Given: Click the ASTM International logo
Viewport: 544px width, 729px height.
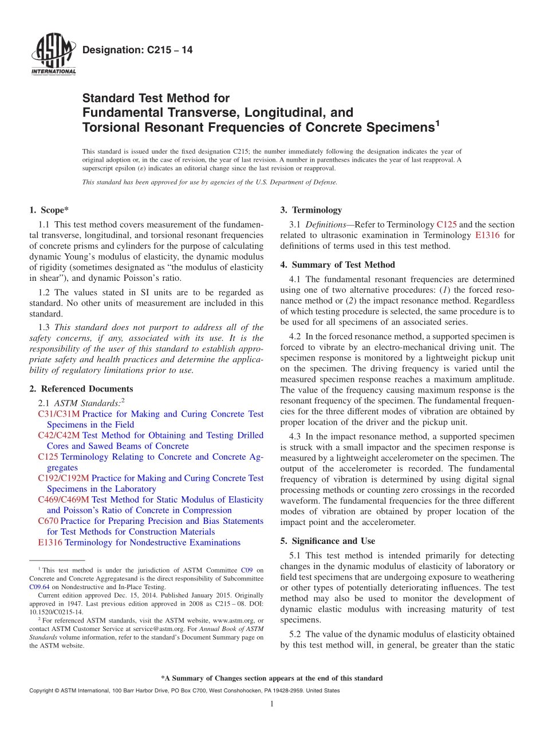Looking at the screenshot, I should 53,56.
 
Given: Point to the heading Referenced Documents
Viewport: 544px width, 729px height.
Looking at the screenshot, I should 86,389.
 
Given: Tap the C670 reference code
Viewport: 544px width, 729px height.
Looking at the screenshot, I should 48,521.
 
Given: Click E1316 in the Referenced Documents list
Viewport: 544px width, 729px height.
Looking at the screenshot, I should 50,542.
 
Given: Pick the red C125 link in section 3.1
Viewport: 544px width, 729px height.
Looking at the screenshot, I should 446,225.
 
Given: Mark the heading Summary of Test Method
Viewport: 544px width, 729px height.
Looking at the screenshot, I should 344,265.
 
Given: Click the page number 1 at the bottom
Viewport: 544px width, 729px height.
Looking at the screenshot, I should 272,704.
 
